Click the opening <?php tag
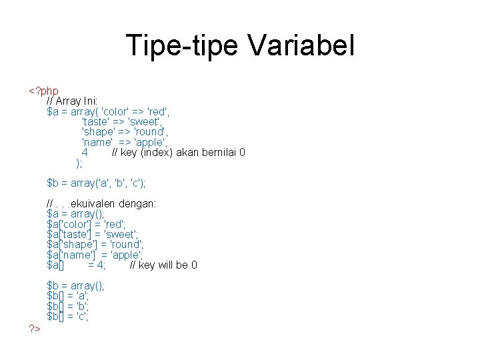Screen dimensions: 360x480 [x=43, y=91]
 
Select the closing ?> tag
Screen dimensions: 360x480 [x=34, y=328]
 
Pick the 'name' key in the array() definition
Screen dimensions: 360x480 [x=97, y=142]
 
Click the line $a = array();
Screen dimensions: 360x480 [x=76, y=214]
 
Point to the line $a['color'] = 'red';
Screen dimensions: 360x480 [x=87, y=224]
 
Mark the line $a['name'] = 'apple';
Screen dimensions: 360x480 [x=95, y=255]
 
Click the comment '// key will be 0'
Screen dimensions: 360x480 [x=163, y=265]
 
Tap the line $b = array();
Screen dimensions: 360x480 [x=76, y=286]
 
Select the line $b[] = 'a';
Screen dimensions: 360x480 [x=68, y=296]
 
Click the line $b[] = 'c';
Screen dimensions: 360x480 [x=68, y=316]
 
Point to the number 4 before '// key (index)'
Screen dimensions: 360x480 [x=85, y=153]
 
